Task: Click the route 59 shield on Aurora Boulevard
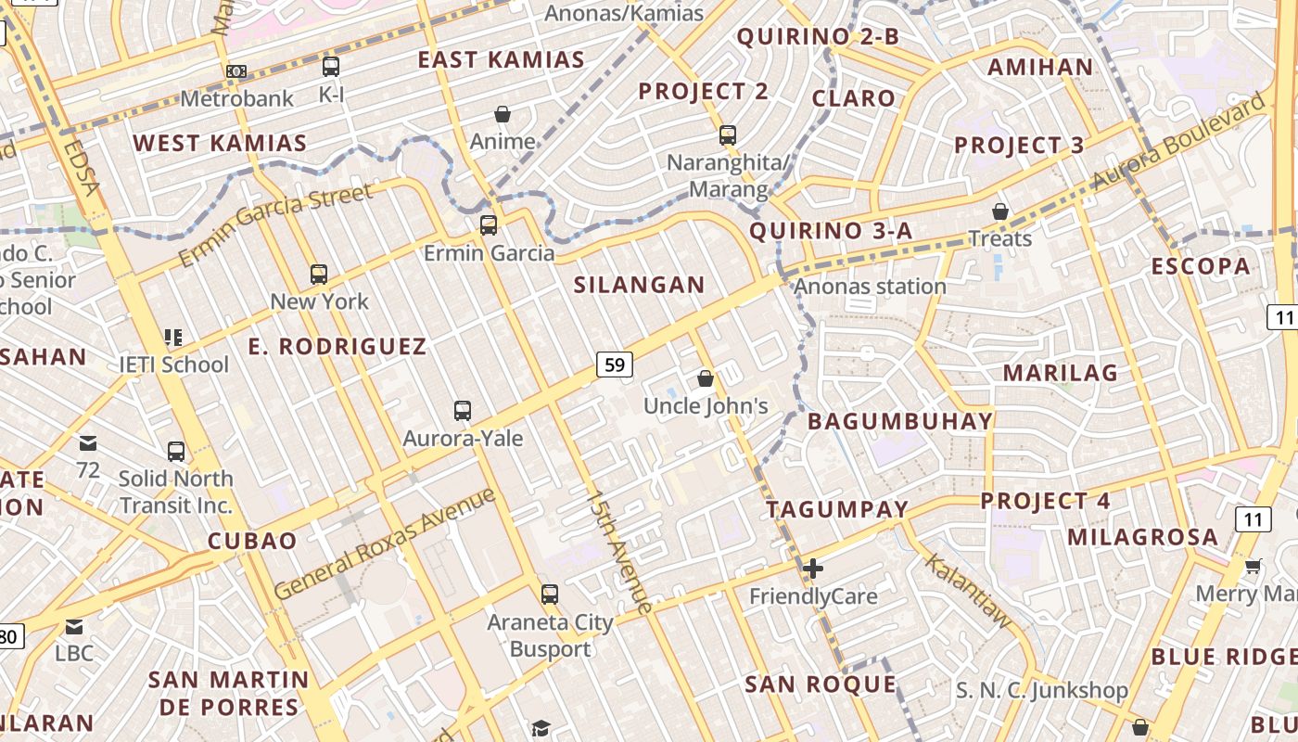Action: coord(614,365)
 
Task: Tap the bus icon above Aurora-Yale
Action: coord(463,410)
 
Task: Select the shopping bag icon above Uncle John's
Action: coord(706,378)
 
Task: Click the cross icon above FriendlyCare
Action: coord(813,569)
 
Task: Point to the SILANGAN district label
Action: coord(639,285)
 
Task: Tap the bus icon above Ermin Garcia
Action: coord(489,224)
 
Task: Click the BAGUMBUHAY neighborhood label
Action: coord(900,421)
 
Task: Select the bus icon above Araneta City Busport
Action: coord(550,595)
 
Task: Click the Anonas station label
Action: coord(871,286)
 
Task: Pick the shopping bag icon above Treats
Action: coord(999,211)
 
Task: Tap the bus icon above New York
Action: coord(319,274)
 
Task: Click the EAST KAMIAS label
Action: coord(501,60)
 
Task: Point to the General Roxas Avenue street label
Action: coord(385,544)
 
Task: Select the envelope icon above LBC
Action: coord(74,627)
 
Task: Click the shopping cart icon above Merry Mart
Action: coord(1253,566)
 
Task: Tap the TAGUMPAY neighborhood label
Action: coord(837,509)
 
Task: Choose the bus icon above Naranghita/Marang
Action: coord(728,135)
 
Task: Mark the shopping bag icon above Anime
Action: coord(503,114)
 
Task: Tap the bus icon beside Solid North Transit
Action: coord(176,452)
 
